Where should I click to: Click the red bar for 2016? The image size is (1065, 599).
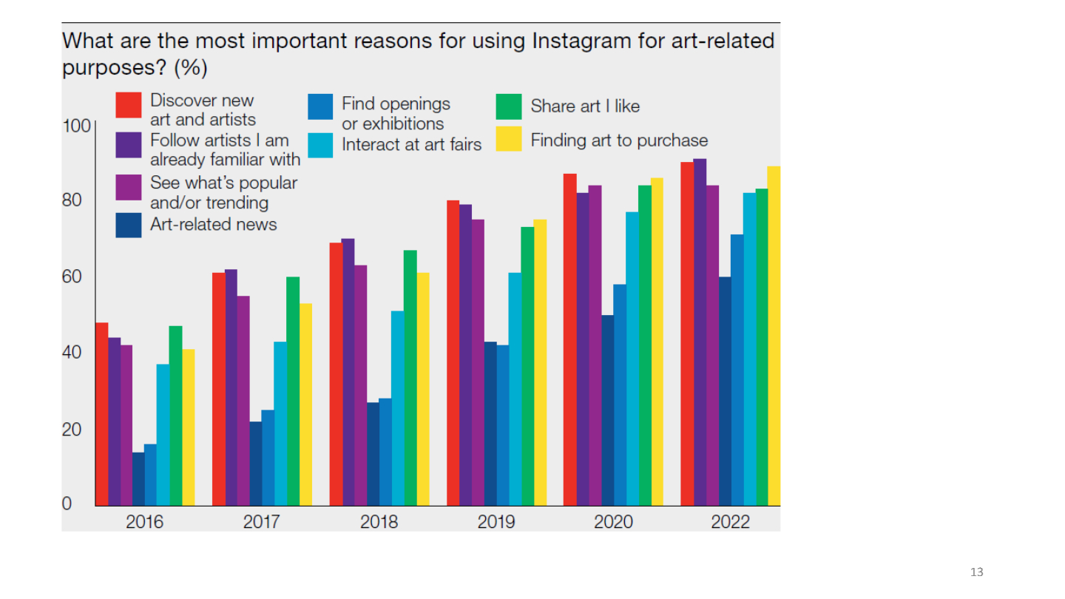(102, 414)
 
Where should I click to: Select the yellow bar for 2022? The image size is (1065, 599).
(774, 336)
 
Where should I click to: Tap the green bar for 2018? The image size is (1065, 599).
(410, 378)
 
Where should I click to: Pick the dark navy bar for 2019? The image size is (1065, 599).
(490, 424)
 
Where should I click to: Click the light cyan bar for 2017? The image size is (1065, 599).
(280, 424)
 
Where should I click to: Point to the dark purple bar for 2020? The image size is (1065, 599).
(583, 349)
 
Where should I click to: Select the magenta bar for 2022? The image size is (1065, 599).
(712, 345)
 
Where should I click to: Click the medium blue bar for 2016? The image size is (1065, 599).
(150, 475)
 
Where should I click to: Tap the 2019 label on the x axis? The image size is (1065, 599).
(496, 522)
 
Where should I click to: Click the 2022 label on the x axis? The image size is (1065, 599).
(730, 522)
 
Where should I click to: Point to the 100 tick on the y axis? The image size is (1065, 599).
(76, 126)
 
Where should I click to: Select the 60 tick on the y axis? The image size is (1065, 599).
(72, 277)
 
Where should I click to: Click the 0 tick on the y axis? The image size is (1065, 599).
(67, 504)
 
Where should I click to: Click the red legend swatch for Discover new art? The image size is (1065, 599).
(129, 104)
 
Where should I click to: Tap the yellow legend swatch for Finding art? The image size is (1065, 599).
(509, 139)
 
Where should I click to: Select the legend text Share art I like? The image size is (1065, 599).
(585, 106)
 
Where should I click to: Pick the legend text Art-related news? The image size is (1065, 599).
(214, 224)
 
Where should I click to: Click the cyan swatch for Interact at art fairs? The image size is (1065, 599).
(320, 145)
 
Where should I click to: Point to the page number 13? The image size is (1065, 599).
(976, 572)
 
